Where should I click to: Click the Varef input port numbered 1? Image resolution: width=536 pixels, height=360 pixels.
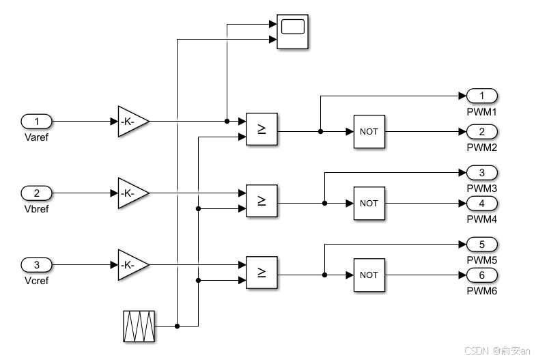[x=37, y=122]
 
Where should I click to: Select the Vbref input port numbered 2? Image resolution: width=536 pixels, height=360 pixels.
[x=37, y=193]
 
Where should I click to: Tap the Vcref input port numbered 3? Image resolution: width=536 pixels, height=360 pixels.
[x=37, y=264]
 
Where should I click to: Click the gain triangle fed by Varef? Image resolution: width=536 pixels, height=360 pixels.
[x=131, y=122]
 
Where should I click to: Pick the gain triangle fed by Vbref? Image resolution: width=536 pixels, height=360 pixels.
[x=131, y=193]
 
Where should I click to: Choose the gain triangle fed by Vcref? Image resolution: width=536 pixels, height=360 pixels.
[x=131, y=264]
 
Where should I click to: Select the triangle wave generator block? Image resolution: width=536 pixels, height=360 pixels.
[x=139, y=326]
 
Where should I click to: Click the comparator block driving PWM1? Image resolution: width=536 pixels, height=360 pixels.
[x=262, y=129]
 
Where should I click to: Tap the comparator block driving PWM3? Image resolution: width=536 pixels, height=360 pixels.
[x=262, y=201]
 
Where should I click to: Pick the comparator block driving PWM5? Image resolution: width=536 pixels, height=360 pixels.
[x=262, y=273]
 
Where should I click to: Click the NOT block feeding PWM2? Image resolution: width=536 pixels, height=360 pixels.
[x=369, y=131]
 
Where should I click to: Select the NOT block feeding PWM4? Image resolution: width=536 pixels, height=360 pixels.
[x=369, y=203]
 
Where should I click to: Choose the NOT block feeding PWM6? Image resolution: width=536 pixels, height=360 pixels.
[x=369, y=275]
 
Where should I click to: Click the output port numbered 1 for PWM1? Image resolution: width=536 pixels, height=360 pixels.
[x=482, y=96]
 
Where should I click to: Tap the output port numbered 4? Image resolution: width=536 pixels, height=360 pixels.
[x=482, y=204]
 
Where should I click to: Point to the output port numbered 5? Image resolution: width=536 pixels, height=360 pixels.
[x=482, y=245]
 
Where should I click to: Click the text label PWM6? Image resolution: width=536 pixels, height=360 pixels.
[x=482, y=291]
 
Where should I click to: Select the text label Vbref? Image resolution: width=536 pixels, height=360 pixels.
[x=37, y=208]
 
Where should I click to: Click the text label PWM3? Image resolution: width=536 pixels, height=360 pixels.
[x=482, y=188]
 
